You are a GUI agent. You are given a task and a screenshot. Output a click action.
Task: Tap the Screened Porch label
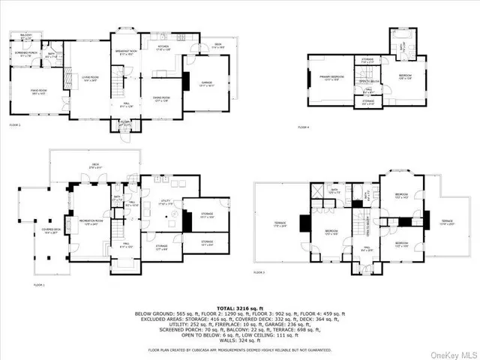click(25, 53)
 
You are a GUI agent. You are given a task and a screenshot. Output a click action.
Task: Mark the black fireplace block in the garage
click(186, 81)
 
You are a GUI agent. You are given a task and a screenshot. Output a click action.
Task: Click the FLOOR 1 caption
click(38, 285)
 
